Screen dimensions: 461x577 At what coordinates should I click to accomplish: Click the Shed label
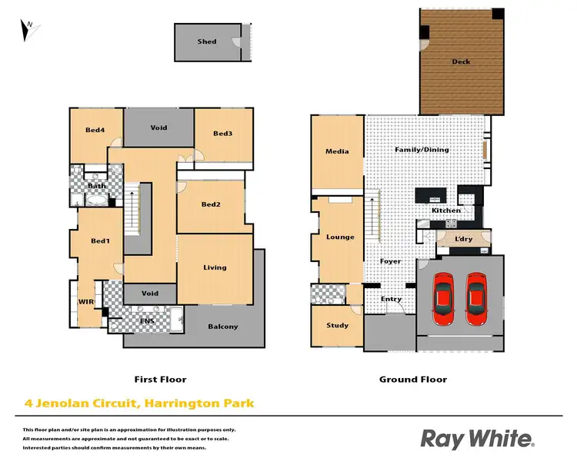pos(207,41)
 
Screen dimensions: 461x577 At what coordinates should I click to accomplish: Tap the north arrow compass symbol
pos(28,30)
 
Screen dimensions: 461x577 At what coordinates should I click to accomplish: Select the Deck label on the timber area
pos(461,62)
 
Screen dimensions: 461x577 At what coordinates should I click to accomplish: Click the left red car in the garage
pos(444,298)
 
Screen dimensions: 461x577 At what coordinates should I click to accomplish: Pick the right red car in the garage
pos(476,298)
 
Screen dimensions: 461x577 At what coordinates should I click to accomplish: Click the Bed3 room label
pos(223,134)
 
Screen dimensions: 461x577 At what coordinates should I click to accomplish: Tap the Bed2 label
pos(212,204)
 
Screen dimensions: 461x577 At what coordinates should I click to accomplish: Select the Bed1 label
pos(101,241)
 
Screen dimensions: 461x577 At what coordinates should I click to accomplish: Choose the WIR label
pos(85,303)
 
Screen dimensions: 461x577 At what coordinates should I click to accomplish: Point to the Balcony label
pos(223,327)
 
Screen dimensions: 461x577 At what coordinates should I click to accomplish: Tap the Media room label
pos(337,151)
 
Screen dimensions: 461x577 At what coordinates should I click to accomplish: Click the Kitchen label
pos(446,211)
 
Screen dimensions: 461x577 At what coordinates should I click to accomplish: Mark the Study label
pos(337,326)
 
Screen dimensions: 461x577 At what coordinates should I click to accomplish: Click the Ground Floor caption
pos(413,380)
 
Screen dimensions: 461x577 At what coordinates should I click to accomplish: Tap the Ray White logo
pos(477,439)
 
